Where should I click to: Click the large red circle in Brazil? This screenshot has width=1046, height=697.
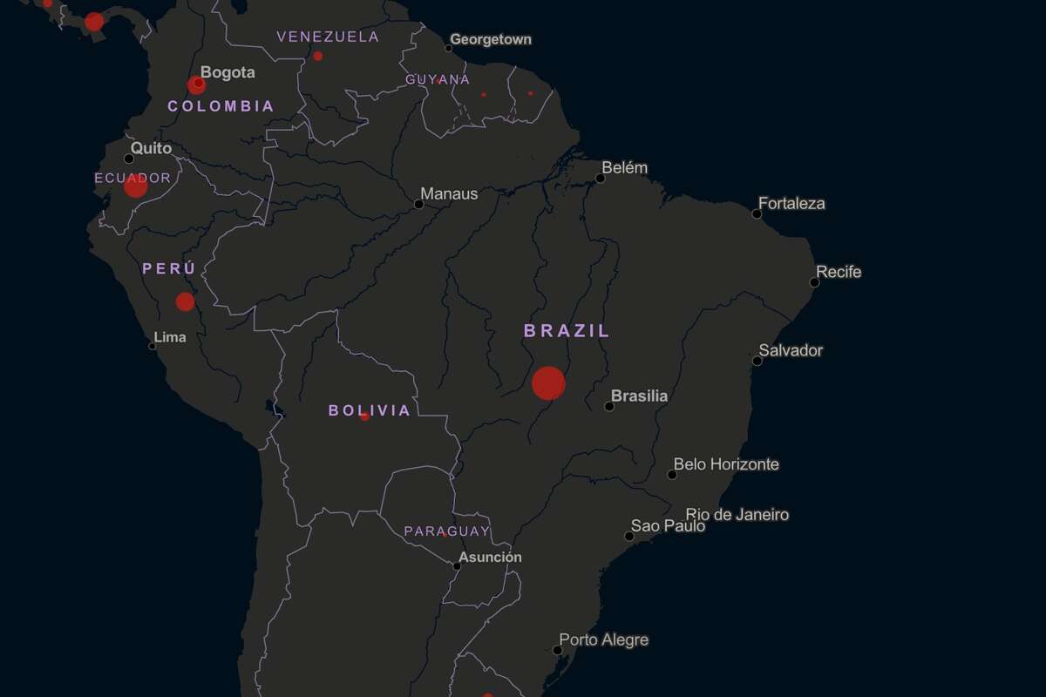(x=548, y=383)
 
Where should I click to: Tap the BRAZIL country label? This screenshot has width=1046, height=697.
(x=567, y=331)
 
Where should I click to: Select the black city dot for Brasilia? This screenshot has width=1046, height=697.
(x=609, y=406)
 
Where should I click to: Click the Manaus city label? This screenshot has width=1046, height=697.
(x=449, y=194)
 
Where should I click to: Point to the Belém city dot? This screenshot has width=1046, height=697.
(x=600, y=179)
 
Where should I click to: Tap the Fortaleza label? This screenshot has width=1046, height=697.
(x=791, y=204)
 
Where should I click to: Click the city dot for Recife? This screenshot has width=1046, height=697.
(x=814, y=282)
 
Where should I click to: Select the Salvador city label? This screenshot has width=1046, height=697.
(x=791, y=350)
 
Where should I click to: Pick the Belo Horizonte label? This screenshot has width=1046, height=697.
(x=726, y=464)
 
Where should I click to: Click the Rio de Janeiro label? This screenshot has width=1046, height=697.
(x=737, y=515)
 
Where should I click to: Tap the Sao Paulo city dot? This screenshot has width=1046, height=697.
(x=629, y=536)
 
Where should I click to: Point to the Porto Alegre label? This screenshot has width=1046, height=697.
(x=604, y=640)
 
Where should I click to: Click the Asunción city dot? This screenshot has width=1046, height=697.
(x=457, y=566)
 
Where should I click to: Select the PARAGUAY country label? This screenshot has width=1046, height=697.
(x=447, y=531)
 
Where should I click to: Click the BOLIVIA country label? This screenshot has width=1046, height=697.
(x=370, y=410)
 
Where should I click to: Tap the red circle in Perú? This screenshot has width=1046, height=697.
(x=185, y=301)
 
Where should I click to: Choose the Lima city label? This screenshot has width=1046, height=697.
(x=170, y=337)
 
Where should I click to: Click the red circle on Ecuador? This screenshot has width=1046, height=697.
(x=135, y=186)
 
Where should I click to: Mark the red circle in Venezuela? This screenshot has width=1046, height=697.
(x=317, y=56)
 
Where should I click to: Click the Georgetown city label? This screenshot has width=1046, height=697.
(x=491, y=40)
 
